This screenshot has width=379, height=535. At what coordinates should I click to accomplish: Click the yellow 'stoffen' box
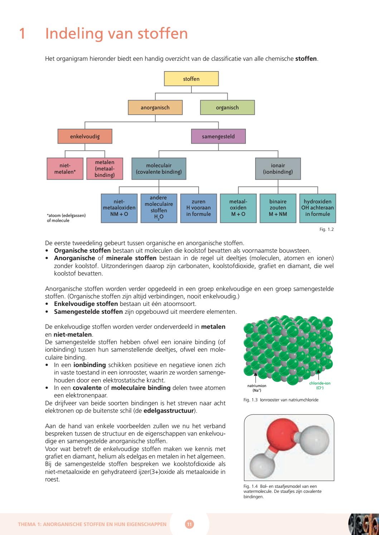coord(191,79)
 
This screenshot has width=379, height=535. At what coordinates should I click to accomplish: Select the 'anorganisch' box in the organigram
coord(155,108)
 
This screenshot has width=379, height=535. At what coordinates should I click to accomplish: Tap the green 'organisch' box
coord(227,108)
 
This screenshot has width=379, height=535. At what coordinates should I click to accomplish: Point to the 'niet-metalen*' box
coord(65,169)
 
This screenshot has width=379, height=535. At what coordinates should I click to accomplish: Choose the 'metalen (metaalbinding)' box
coord(105,169)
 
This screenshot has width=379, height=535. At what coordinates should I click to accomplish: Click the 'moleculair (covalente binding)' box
coord(159,169)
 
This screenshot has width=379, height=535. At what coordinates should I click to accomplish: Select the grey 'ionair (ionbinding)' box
coord(278,169)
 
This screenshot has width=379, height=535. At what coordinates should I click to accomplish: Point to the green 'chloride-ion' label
coord(319,385)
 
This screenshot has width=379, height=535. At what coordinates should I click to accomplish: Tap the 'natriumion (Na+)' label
coord(257,388)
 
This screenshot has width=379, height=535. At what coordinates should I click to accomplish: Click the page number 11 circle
coord(189,525)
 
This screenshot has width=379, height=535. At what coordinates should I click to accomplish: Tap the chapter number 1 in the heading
coord(22,34)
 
